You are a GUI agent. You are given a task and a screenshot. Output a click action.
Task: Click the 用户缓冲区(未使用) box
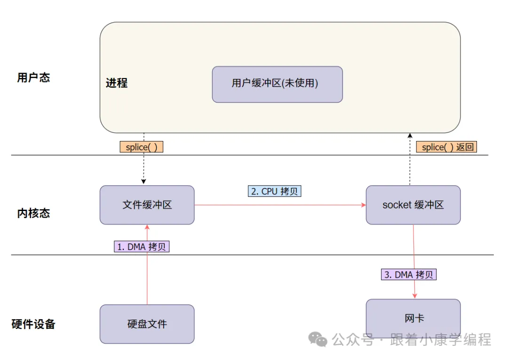click(x=277, y=84)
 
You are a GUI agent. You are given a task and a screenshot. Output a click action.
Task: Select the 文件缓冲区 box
click(x=147, y=205)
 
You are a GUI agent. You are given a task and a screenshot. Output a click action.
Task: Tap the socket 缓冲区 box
click(x=413, y=205)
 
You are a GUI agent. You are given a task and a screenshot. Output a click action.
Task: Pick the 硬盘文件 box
click(x=147, y=324)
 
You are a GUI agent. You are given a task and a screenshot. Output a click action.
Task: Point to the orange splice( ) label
click(x=141, y=147)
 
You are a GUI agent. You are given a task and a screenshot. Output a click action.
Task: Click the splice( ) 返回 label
click(x=446, y=147)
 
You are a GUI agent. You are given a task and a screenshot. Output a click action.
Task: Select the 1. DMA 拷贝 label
click(x=142, y=247)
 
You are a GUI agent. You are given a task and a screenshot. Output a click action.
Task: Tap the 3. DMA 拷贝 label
click(x=409, y=274)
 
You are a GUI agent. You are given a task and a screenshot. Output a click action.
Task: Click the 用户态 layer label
click(x=33, y=78)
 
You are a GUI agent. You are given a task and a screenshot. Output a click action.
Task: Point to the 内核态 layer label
click(x=33, y=213)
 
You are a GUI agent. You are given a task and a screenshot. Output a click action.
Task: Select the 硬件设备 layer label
click(x=33, y=324)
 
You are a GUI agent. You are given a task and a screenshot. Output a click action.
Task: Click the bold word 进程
click(x=117, y=83)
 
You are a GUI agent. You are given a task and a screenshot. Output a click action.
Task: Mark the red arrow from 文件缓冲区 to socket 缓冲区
click(x=280, y=205)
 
